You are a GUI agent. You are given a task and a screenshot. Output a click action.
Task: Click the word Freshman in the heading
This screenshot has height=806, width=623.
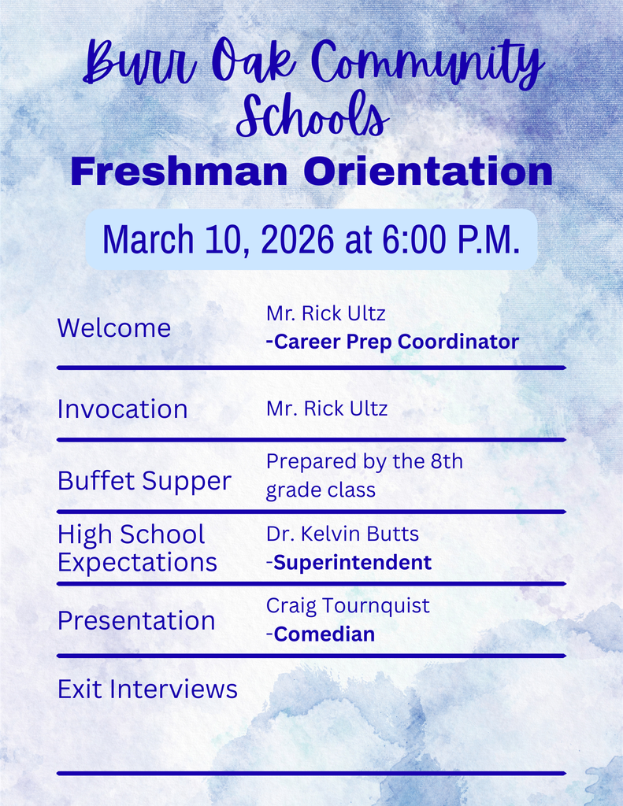(180, 172)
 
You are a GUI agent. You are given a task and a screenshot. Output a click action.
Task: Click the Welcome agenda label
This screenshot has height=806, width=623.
(114, 328)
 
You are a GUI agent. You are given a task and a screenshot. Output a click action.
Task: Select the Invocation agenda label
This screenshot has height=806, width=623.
(122, 409)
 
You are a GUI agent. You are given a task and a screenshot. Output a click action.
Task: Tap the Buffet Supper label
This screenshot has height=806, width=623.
(144, 481)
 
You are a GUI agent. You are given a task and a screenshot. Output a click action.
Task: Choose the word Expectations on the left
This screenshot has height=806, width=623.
(137, 563)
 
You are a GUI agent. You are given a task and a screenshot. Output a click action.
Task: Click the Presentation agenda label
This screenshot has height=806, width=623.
(136, 620)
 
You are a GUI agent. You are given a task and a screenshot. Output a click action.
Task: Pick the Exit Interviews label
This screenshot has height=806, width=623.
(147, 690)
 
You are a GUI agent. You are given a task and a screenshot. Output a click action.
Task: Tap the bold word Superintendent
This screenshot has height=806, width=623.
(353, 562)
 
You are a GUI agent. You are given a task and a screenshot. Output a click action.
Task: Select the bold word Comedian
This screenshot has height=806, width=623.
(324, 634)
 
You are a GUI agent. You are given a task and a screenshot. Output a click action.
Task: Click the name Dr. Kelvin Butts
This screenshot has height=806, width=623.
(343, 534)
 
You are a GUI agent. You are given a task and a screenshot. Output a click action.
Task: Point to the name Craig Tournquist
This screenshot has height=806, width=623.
(348, 605)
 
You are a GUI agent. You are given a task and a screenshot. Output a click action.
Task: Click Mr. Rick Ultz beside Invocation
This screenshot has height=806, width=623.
(327, 409)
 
